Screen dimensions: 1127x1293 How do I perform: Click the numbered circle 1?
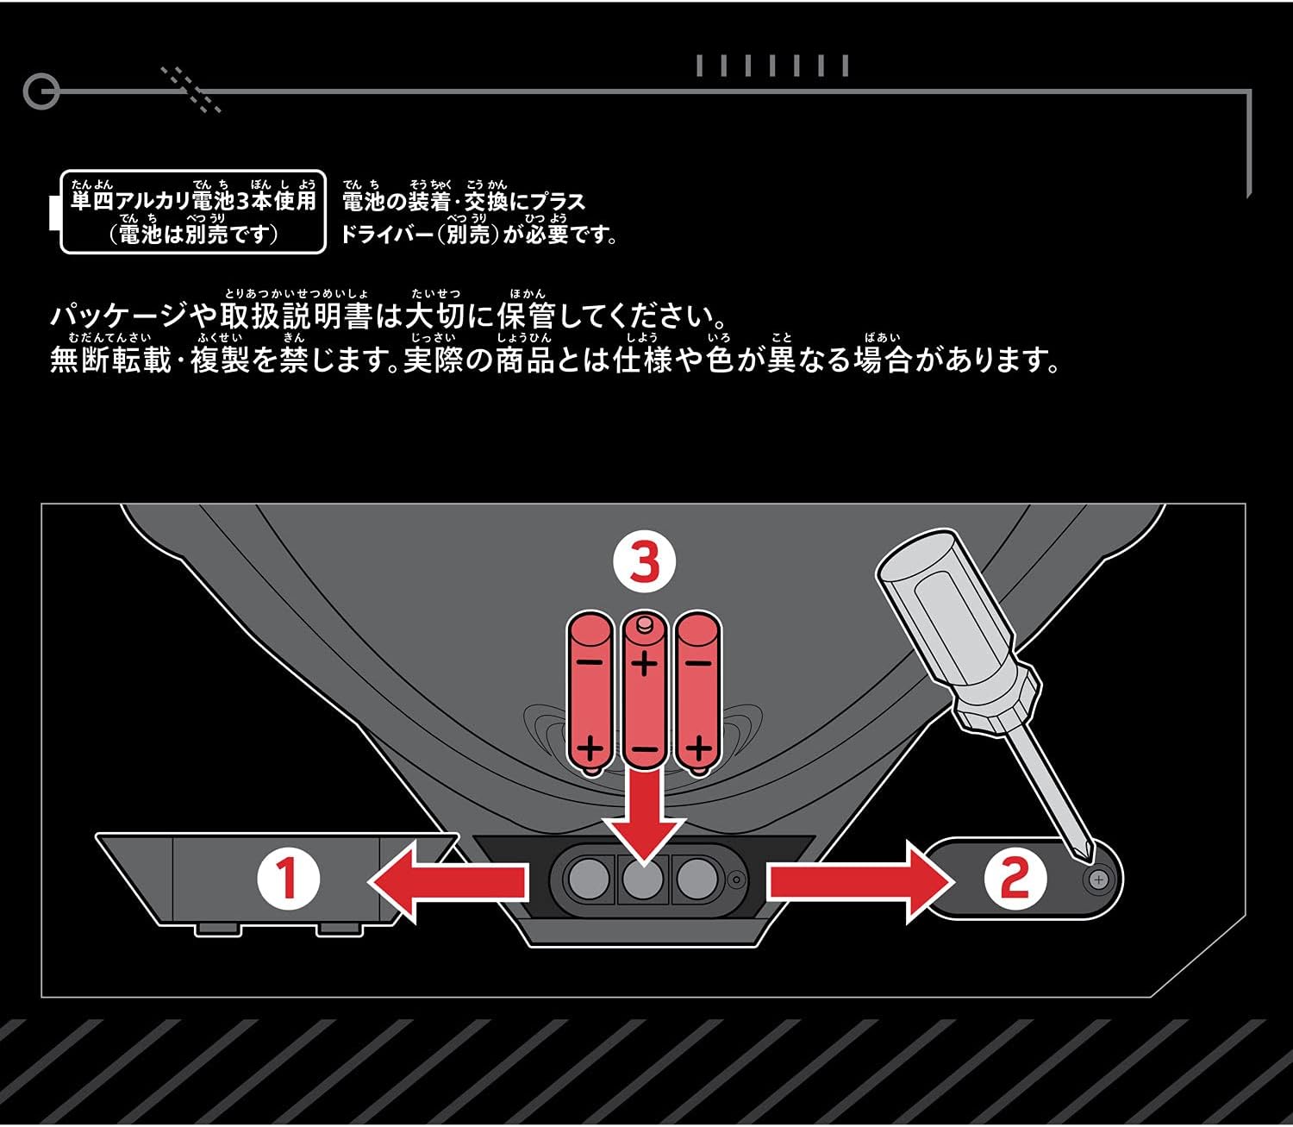pyautogui.click(x=288, y=880)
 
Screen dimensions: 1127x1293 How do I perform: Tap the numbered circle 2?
pyautogui.click(x=1015, y=880)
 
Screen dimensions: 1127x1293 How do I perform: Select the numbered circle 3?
pyautogui.click(x=644, y=563)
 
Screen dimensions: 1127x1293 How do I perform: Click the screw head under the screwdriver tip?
pyautogui.click(x=1098, y=880)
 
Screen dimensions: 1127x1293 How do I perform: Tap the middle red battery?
pyautogui.click(x=644, y=690)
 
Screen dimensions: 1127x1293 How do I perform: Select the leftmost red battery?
pyautogui.click(x=590, y=690)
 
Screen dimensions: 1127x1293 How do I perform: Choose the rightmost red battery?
pyautogui.click(x=697, y=690)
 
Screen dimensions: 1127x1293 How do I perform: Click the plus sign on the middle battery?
pyautogui.click(x=644, y=663)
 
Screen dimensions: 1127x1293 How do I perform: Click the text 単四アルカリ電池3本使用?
pyautogui.click(x=193, y=202)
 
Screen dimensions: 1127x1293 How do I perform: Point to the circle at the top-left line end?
pyautogui.click(x=41, y=91)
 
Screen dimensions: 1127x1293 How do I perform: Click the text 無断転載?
pyautogui.click(x=110, y=360)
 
